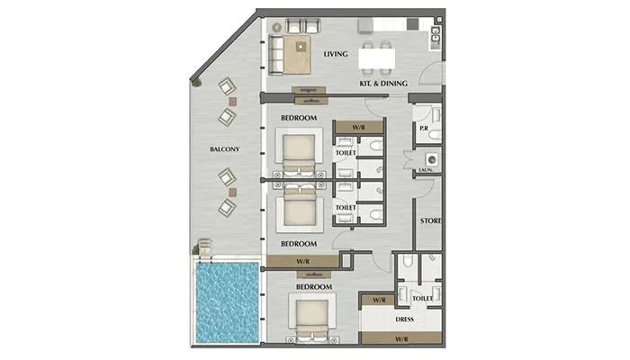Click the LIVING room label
[336, 54]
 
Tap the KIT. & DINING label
[383, 84]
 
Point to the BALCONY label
[225, 149]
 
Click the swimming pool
[227, 302]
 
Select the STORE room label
[431, 220]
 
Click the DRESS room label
[404, 319]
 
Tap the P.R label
[424, 129]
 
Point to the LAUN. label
[426, 170]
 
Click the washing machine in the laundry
[432, 159]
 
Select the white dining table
[376, 58]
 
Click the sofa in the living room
[276, 55]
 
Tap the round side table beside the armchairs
[276, 27]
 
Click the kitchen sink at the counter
[435, 35]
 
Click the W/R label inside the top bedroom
[358, 128]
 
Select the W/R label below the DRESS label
[401, 339]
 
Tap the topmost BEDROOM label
[299, 118]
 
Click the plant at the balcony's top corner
[196, 83]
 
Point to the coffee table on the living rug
[301, 47]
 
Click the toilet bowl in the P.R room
[436, 135]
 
